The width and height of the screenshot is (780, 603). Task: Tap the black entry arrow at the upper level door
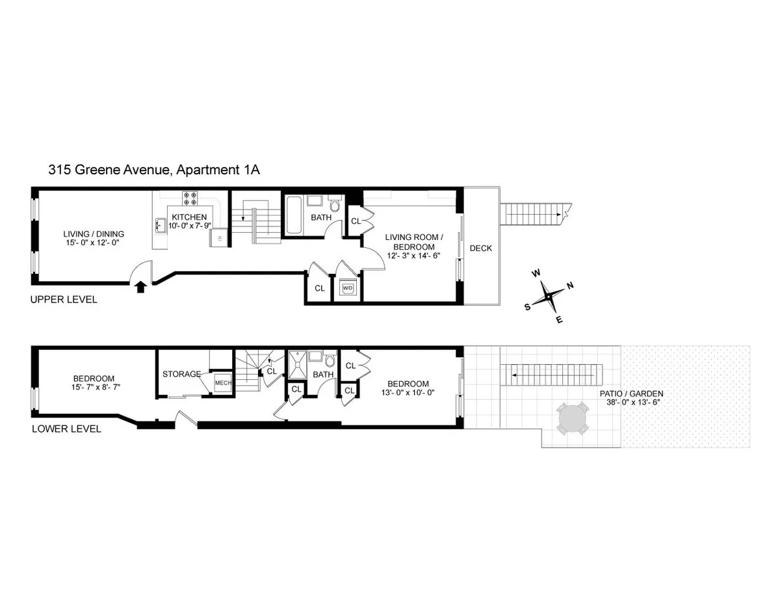coord(140,286)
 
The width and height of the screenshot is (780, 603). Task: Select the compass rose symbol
coord(549,297)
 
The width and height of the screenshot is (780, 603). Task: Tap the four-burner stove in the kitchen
coord(190,198)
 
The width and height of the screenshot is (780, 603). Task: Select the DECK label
coord(481,248)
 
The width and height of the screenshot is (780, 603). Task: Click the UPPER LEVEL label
coord(64,300)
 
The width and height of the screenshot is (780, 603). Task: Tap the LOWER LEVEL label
coord(66,429)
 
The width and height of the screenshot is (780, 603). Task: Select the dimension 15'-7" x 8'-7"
coord(94,387)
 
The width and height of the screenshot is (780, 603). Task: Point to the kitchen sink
coord(160,225)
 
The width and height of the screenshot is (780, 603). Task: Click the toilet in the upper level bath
coord(335,206)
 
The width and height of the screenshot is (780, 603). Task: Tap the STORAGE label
coord(181,374)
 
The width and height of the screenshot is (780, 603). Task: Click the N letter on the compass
coord(570,286)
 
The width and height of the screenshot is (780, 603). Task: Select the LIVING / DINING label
coord(94,234)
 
